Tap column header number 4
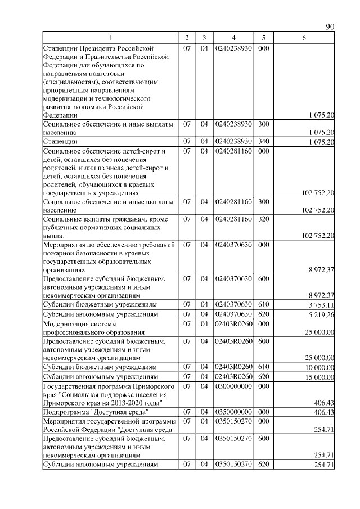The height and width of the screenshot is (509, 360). tap(233, 38)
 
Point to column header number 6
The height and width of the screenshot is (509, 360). tap(304, 38)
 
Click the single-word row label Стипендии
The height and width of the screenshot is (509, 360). tap(60, 142)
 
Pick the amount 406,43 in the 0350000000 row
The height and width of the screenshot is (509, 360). tap(324, 413)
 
